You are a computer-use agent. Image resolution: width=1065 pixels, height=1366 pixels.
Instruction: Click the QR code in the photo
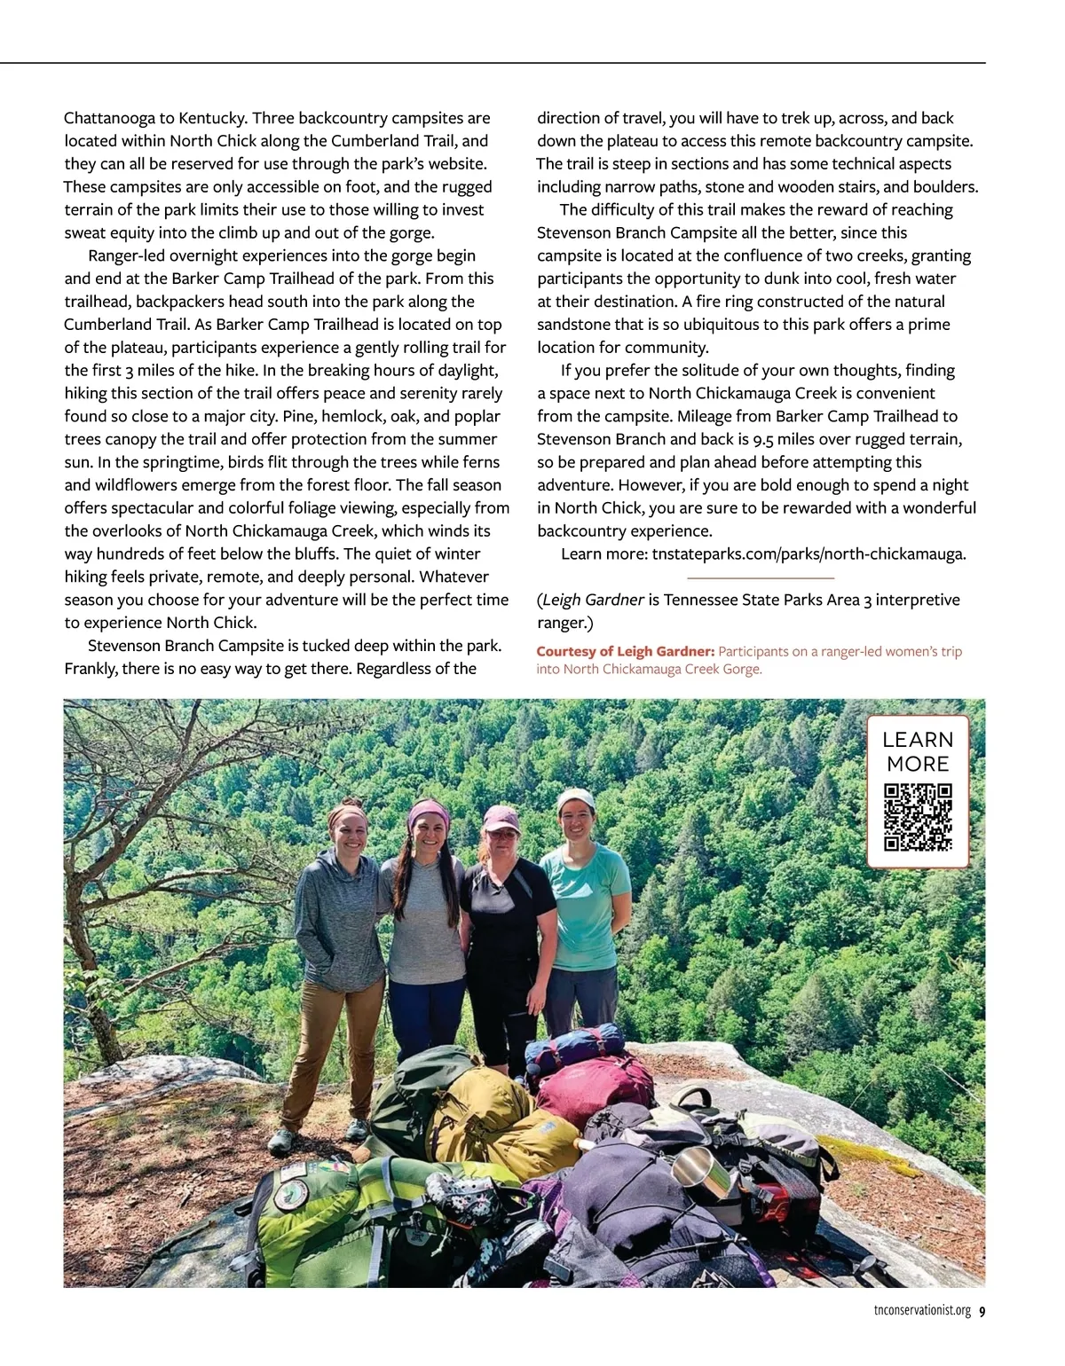tap(918, 817)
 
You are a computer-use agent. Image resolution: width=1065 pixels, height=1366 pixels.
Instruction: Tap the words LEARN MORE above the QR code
tap(918, 751)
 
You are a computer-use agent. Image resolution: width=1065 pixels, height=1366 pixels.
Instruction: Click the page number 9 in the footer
tap(982, 1312)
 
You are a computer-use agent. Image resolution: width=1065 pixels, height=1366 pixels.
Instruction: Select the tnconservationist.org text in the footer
tap(922, 1312)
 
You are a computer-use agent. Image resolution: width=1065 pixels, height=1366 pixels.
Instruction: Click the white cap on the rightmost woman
tap(576, 797)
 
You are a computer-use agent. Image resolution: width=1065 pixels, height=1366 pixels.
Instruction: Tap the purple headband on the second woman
tap(430, 811)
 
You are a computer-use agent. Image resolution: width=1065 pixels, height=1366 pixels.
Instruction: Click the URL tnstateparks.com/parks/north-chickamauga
tap(809, 554)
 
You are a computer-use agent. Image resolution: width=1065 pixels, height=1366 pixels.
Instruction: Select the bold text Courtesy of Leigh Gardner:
tap(625, 652)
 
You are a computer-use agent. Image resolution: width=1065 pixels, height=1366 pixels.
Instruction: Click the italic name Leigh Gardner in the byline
tap(593, 601)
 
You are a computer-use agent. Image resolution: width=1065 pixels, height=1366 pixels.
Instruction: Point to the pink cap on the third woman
tap(501, 817)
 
